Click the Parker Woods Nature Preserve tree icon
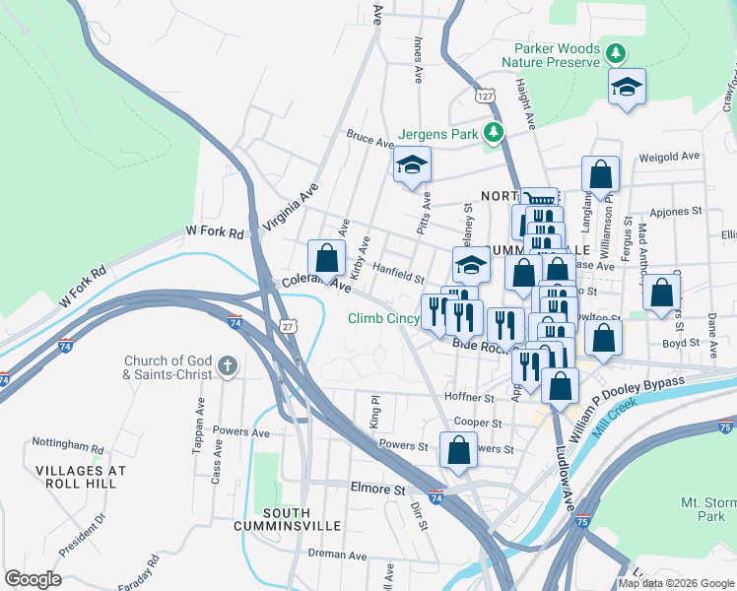[616, 51]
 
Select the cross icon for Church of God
[227, 367]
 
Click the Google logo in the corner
[33, 579]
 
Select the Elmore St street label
[378, 489]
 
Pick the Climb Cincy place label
[383, 318]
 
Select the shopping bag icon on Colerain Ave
[327, 258]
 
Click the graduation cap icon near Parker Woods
[627, 87]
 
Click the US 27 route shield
[287, 325]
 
